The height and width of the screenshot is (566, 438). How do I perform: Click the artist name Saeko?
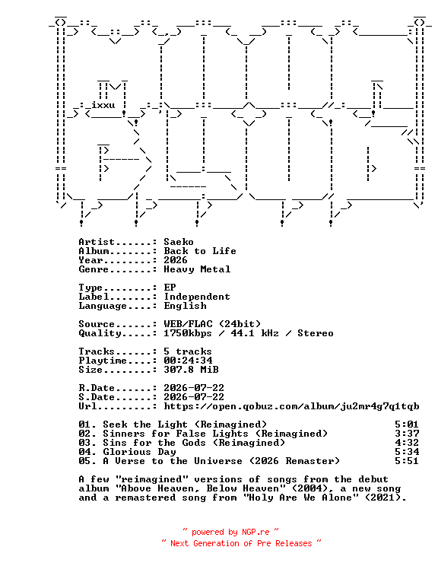tap(179, 242)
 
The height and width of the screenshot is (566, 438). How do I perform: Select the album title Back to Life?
tap(200, 251)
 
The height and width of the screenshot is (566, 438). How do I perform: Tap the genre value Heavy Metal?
tap(197, 269)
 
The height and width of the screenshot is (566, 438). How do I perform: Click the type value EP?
tap(170, 288)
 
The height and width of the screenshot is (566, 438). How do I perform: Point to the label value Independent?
tap(197, 297)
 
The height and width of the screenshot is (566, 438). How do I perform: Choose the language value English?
tap(185, 306)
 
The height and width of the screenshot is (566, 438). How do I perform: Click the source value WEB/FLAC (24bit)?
tap(212, 324)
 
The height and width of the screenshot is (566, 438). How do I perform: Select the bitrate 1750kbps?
tap(188, 333)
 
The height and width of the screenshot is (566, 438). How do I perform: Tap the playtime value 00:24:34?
tap(188, 361)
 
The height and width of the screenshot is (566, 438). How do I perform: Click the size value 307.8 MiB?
tap(191, 370)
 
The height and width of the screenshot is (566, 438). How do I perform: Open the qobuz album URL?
tap(291, 406)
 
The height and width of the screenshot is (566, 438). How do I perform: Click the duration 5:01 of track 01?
tap(407, 424)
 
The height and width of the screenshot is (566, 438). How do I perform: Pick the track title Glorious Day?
tap(140, 452)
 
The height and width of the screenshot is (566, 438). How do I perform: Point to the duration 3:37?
tap(407, 434)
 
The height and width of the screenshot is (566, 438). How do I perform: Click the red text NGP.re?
tap(255, 532)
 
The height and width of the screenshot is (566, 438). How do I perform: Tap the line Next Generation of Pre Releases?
tap(241, 544)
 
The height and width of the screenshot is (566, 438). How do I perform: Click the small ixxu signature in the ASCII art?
tap(103, 106)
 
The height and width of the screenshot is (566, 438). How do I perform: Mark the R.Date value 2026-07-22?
tap(194, 388)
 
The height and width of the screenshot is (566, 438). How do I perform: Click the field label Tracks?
tap(97, 351)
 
